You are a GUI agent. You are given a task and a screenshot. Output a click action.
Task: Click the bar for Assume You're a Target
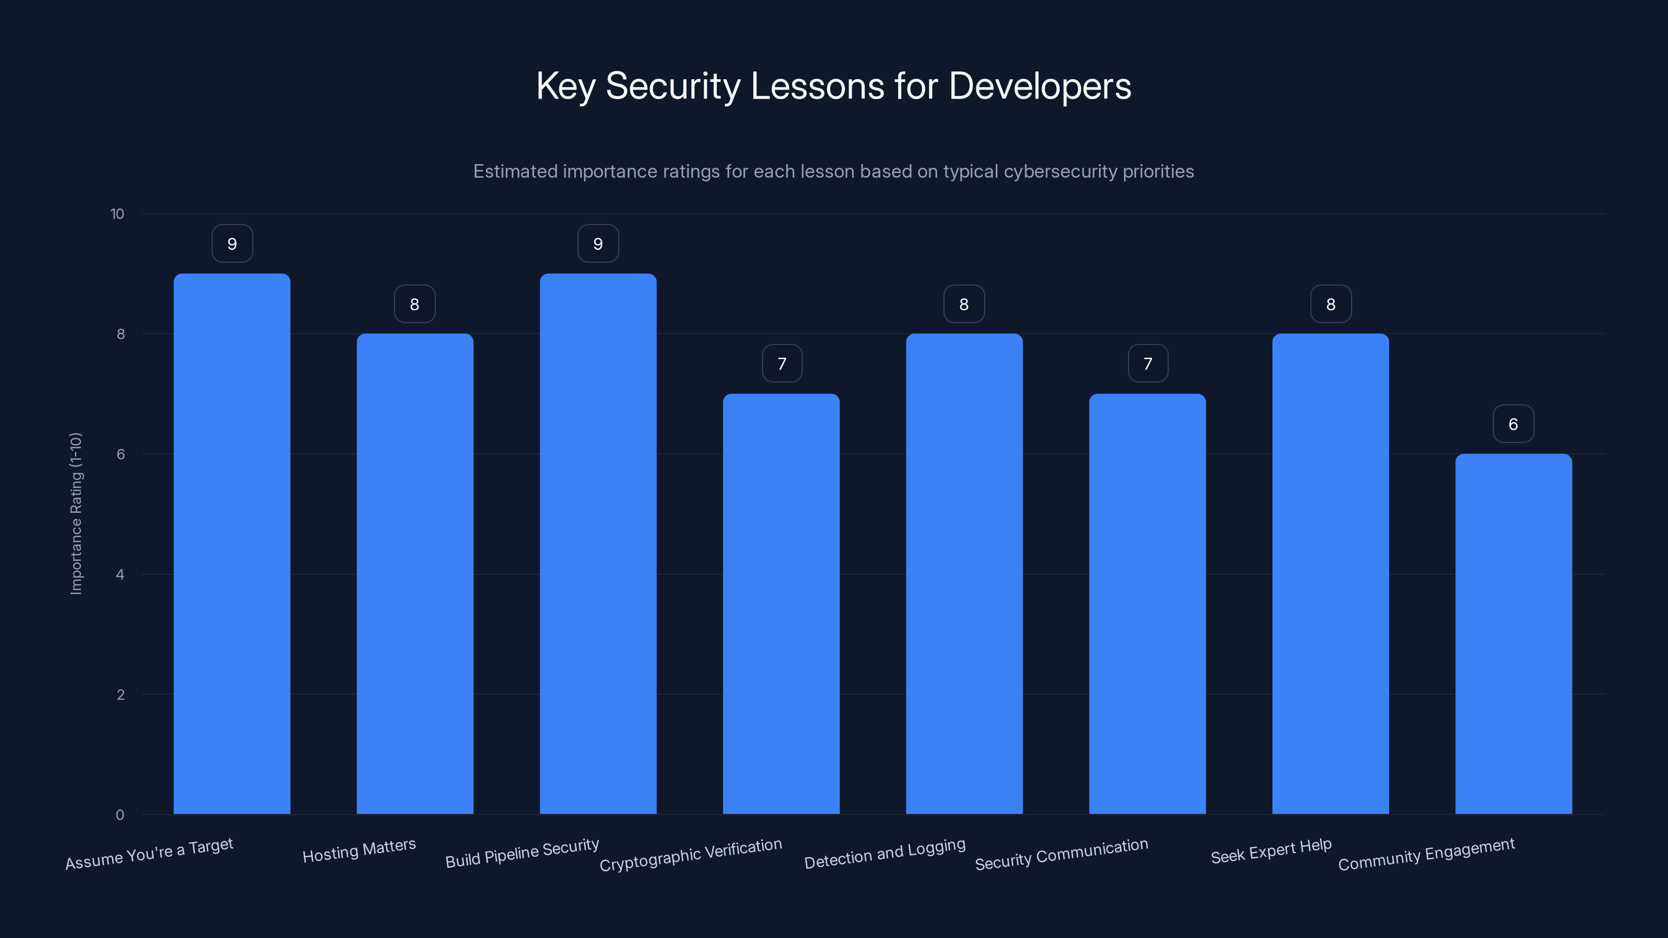point(232,544)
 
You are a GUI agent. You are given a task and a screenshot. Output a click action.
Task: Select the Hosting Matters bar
point(414,574)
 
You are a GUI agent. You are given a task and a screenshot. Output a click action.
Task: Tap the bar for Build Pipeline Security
point(598,544)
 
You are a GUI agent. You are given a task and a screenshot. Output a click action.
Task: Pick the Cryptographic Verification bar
point(781,603)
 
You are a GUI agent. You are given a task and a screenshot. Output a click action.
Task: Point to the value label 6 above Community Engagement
point(1513,424)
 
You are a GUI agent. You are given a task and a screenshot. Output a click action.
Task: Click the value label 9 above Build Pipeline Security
point(598,243)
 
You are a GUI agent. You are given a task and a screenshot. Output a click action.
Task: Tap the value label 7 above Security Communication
point(1147,364)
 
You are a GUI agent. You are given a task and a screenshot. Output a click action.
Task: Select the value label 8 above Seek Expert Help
point(1331,304)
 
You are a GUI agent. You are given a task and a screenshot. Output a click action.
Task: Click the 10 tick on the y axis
point(117,214)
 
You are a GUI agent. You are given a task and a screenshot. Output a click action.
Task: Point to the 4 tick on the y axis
point(120,574)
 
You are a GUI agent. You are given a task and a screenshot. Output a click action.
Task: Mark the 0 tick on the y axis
point(120,814)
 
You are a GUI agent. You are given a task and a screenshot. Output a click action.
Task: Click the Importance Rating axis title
point(76,513)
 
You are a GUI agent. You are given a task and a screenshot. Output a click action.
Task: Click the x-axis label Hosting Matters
point(359,850)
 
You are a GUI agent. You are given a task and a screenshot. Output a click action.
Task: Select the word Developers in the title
point(1039,86)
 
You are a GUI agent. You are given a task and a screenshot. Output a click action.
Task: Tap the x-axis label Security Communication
point(1061,855)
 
